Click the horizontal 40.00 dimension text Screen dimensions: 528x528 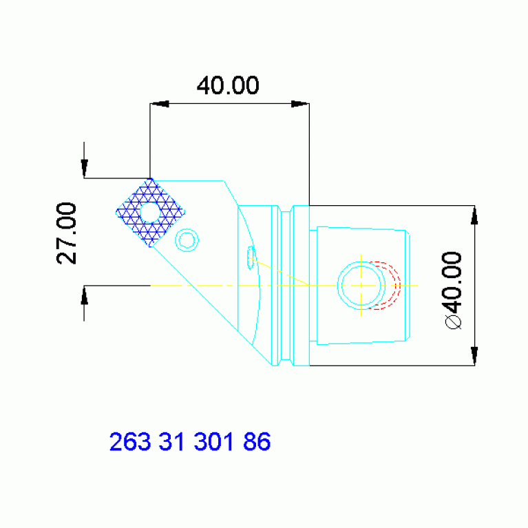click(x=228, y=86)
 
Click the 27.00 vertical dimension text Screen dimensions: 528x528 click(x=67, y=233)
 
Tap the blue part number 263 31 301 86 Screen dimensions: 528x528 click(x=189, y=441)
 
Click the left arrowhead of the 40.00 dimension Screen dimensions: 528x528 click(x=160, y=104)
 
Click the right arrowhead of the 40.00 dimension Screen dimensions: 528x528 click(x=299, y=104)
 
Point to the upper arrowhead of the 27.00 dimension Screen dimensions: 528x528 click(x=84, y=169)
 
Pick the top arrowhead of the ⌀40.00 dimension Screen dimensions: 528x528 click(x=474, y=215)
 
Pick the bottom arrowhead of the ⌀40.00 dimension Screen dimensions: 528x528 click(x=474, y=355)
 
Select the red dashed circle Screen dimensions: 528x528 click(x=386, y=285)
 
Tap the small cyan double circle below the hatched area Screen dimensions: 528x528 click(x=187, y=240)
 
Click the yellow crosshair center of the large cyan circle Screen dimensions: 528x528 click(x=361, y=285)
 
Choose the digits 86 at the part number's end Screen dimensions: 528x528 click(x=255, y=441)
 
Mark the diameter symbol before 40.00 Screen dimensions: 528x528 click(x=452, y=321)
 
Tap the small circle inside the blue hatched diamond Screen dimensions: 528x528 click(x=149, y=211)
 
